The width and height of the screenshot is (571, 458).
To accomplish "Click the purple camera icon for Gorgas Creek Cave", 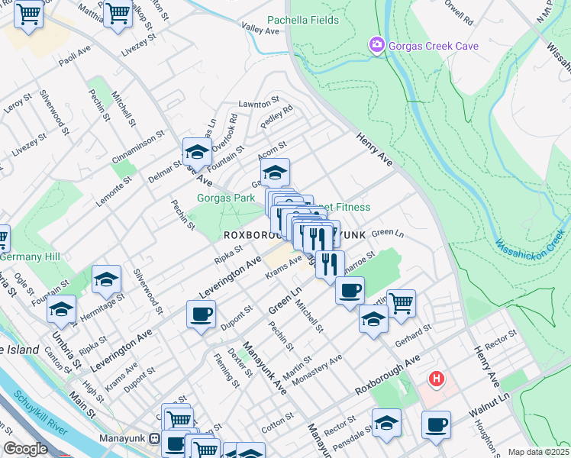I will (376, 46).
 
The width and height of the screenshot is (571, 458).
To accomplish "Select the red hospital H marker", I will (436, 379).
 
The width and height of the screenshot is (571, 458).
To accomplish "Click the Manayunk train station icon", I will (155, 440).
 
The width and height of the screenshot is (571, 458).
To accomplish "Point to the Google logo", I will (25, 449).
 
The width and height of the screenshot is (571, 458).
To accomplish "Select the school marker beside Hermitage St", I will (107, 279).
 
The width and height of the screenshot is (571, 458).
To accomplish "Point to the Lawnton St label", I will (255, 103).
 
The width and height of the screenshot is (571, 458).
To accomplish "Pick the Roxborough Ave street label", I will (388, 375).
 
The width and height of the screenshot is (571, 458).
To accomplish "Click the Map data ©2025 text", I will (537, 452).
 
